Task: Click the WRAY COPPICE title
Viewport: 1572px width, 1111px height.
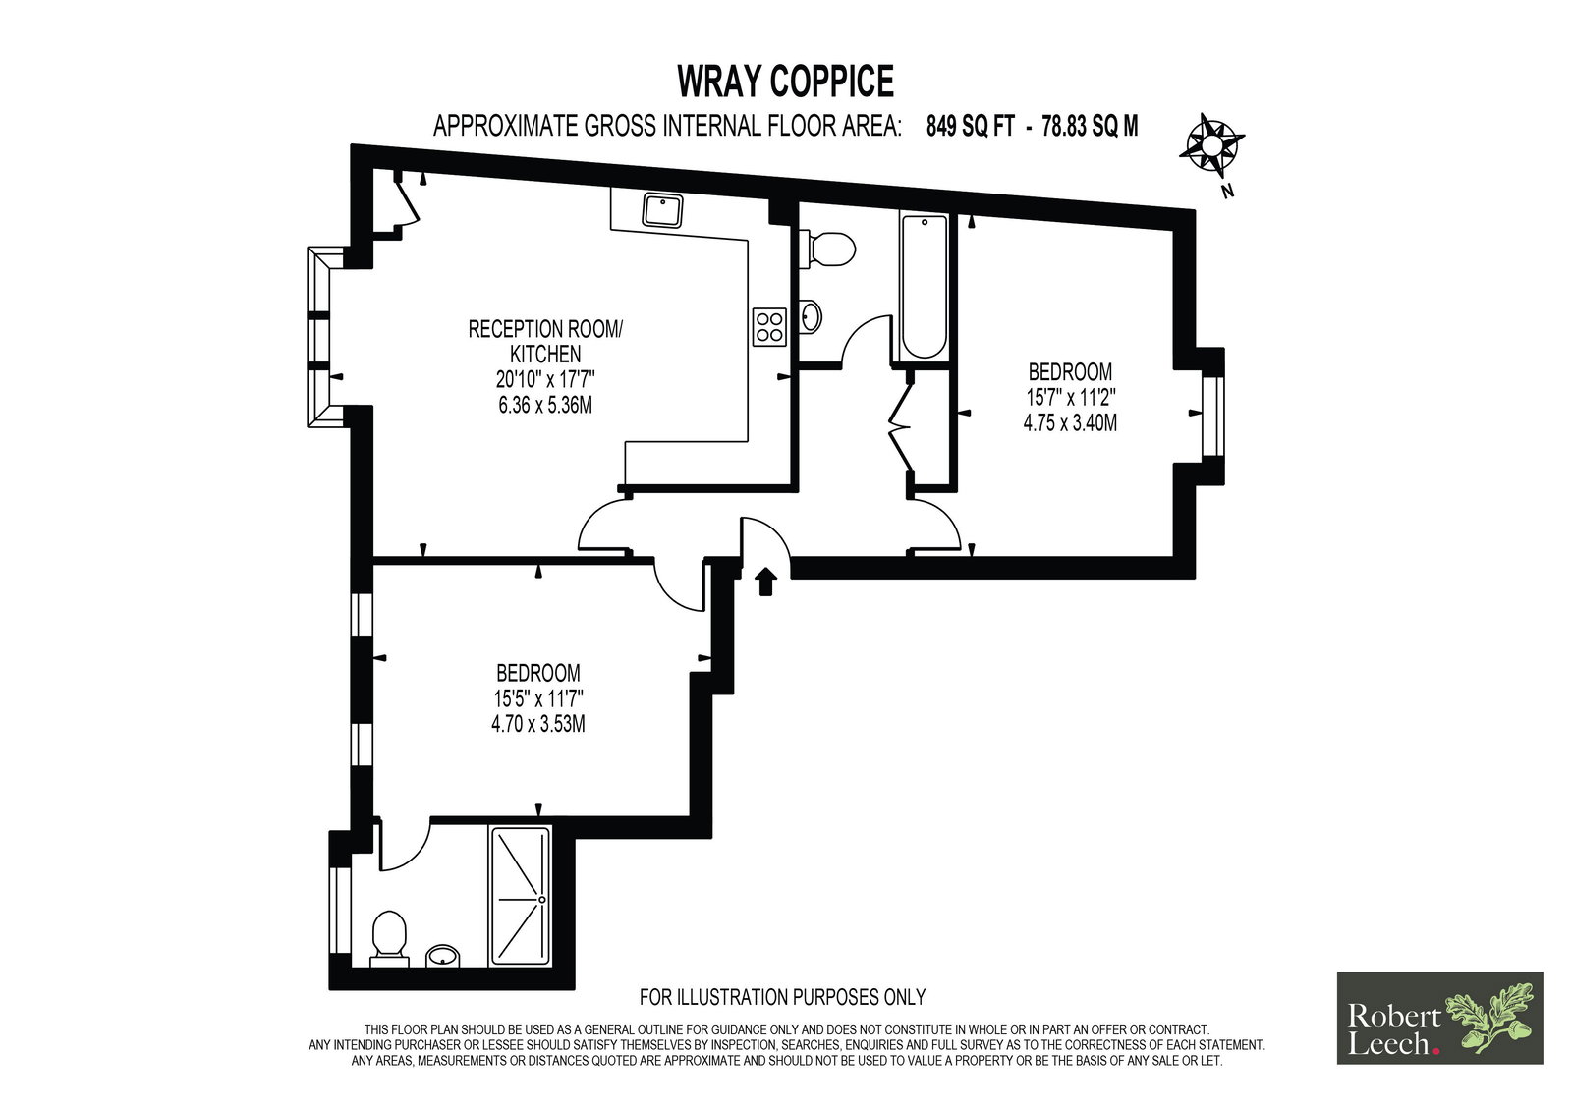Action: tap(785, 82)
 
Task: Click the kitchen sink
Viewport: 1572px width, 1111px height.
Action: tap(662, 210)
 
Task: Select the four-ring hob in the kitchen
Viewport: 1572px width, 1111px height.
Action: tap(769, 327)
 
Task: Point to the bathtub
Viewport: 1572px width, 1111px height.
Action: tap(925, 287)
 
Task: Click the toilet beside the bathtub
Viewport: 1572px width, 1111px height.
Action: tap(826, 250)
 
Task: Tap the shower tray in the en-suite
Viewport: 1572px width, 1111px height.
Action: tap(521, 896)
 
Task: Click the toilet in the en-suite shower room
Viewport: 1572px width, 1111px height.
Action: tap(389, 939)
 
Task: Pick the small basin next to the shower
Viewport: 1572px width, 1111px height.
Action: tap(442, 955)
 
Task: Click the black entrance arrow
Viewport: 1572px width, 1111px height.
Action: tap(765, 582)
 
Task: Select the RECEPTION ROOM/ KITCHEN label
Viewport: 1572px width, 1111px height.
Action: tap(544, 341)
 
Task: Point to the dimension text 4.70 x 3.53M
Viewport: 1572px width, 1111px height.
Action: tap(537, 724)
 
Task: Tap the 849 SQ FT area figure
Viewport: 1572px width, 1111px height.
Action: tap(971, 127)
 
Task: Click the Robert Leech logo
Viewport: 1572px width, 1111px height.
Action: tap(1439, 1018)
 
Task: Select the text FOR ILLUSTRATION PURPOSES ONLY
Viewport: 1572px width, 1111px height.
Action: tap(782, 997)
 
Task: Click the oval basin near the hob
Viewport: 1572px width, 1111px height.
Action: tap(811, 316)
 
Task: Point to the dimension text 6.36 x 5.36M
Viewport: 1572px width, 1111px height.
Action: tap(544, 405)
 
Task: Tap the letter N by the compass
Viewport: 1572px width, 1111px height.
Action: tap(1227, 191)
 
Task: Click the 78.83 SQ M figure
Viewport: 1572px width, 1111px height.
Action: tap(1090, 127)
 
